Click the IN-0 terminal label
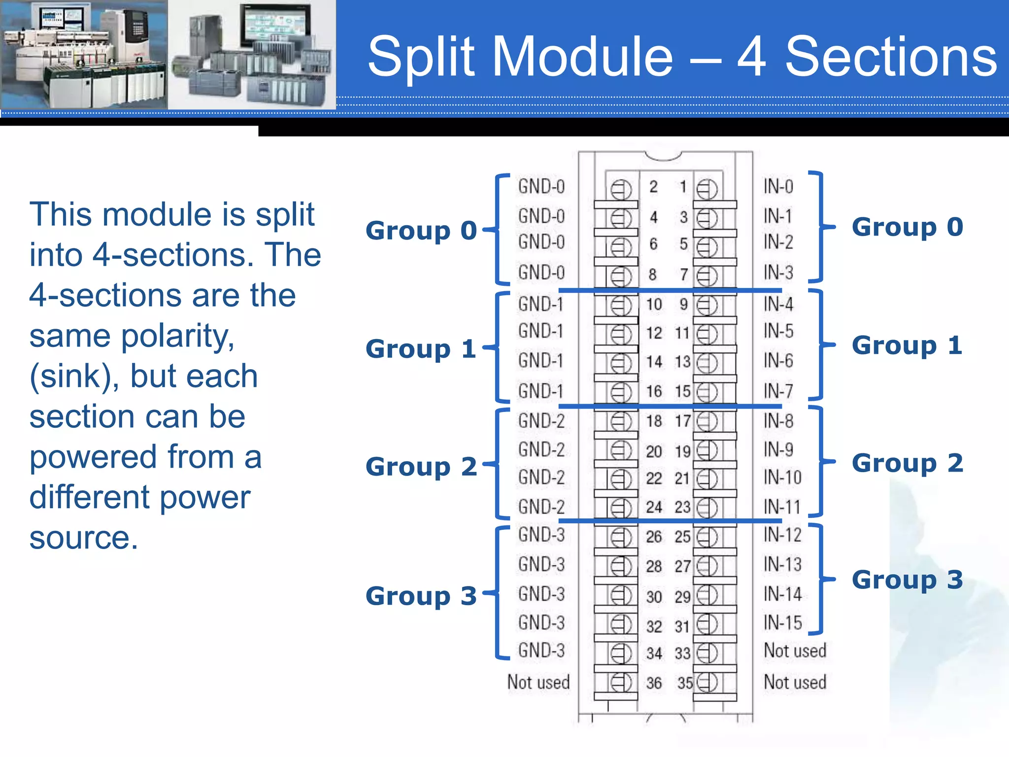point(778,186)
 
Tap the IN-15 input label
point(783,623)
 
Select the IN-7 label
point(778,391)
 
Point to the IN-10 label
point(783,477)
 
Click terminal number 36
point(654,683)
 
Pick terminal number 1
point(683,187)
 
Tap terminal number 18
point(654,421)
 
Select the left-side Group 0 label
point(421,231)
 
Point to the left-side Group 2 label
point(421,467)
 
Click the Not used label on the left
point(538,683)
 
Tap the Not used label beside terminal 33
point(795,651)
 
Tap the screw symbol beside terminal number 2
point(621,189)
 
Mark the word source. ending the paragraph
point(84,538)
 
